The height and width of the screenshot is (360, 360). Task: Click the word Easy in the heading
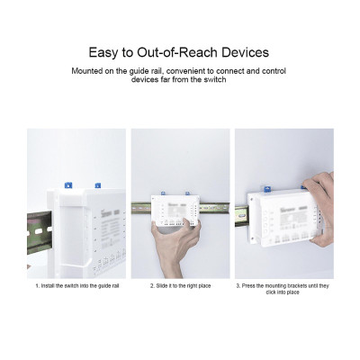click(x=103, y=53)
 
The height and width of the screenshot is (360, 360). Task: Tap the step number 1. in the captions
click(x=37, y=285)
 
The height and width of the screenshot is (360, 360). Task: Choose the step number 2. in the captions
click(x=151, y=285)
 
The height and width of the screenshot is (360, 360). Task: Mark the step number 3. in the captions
click(x=238, y=285)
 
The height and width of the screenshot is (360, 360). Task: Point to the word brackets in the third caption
click(x=297, y=285)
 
